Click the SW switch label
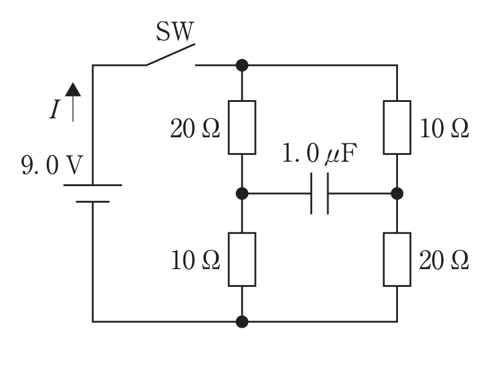[175, 31]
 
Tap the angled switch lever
[171, 54]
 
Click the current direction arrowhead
[73, 89]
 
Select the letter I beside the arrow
[55, 109]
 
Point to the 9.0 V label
[52, 165]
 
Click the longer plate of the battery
[93, 186]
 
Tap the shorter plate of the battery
[93, 202]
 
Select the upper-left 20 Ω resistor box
[242, 128]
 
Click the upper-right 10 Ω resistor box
[397, 128]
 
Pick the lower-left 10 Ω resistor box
[242, 259]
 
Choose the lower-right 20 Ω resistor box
[397, 259]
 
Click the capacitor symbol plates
[319, 193]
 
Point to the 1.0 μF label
[319, 153]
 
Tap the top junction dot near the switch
[242, 65]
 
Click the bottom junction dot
[242, 322]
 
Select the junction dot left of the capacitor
[242, 193]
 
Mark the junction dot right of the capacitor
[397, 193]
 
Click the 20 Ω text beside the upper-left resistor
[195, 129]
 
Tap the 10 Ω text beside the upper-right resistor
[444, 129]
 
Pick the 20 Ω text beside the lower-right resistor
[444, 261]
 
